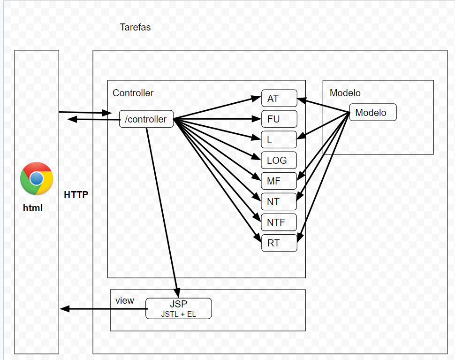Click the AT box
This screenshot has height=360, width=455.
[x=279, y=99]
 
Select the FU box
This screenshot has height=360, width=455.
[x=279, y=119]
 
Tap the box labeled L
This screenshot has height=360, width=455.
[x=279, y=140]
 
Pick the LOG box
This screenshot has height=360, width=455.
[x=279, y=161]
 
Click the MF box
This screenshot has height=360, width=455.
[x=279, y=181]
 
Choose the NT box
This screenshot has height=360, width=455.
[x=279, y=202]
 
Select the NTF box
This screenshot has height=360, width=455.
[x=279, y=222]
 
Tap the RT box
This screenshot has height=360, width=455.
[x=279, y=243]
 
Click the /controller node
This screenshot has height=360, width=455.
[x=146, y=119]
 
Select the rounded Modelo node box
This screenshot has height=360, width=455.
[x=373, y=113]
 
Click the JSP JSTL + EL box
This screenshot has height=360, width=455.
[x=178, y=309]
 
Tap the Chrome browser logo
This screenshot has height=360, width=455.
[x=37, y=178]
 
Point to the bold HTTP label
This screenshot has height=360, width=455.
[x=76, y=195]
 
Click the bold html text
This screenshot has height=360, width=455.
[x=33, y=207]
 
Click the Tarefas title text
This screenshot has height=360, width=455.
[x=135, y=27]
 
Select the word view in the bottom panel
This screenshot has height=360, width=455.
[x=125, y=300]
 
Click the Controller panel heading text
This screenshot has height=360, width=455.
[x=133, y=93]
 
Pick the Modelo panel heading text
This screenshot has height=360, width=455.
[x=345, y=93]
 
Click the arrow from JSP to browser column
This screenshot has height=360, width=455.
[x=103, y=309]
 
